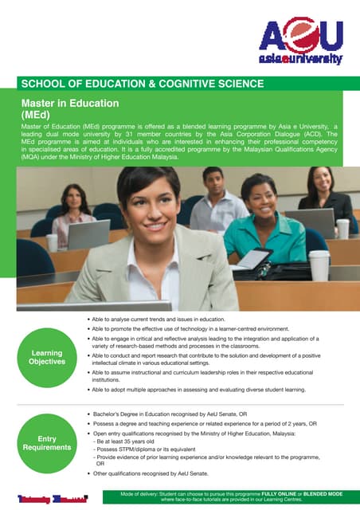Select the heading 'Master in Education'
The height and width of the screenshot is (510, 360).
click(70, 104)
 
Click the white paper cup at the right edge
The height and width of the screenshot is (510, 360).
click(319, 265)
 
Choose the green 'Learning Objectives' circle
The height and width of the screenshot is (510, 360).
click(47, 357)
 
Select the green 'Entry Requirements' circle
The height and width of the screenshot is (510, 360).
click(47, 444)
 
